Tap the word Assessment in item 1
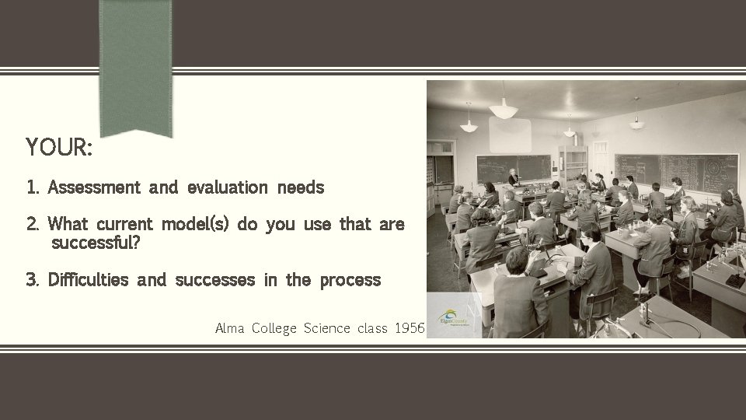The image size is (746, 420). pos(93,187)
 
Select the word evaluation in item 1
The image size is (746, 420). pos(227,187)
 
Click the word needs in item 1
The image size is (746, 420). pos(300,187)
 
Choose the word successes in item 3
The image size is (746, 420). pos(215,280)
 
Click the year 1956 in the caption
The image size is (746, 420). pos(409,328)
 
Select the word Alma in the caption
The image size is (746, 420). pos(230,328)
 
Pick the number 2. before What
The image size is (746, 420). pos(33,225)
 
